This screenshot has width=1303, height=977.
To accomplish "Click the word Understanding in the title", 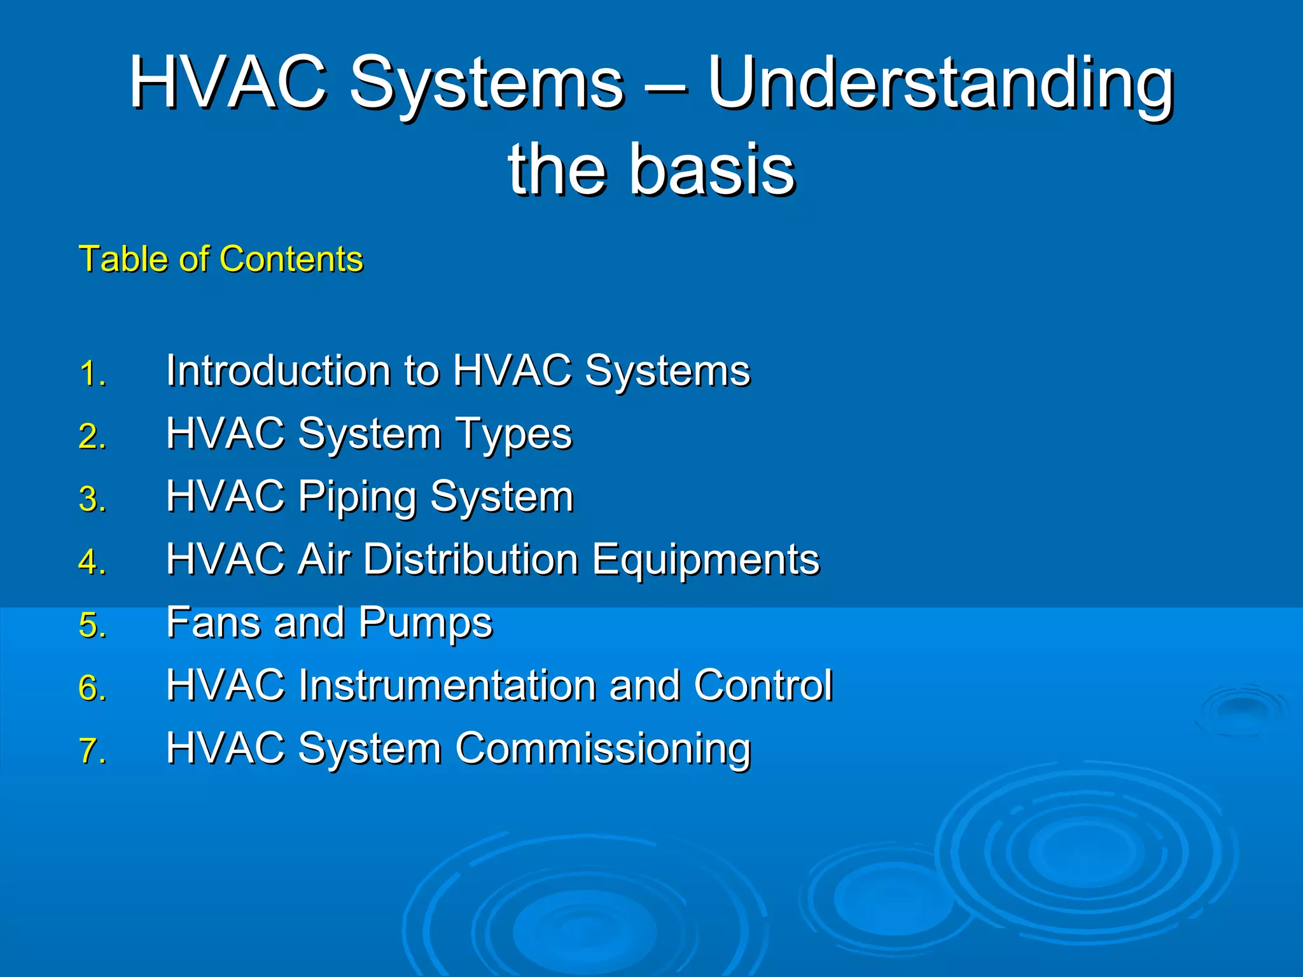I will coord(940,84).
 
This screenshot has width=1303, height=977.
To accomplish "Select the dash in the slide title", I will coord(665,87).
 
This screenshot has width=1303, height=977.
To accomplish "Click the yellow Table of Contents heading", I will coord(221,260).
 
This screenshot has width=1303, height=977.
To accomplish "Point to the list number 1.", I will coord(92,373).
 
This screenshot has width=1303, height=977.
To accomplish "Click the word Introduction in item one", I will coord(278,370).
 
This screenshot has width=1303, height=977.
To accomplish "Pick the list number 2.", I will coord(92,437).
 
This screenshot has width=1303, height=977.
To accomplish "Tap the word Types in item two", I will coord(513,435).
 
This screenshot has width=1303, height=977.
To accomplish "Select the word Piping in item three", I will coord(357,497).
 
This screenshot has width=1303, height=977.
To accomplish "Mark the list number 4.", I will coord(92,562).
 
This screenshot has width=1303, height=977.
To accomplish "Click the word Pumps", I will coord(425,623).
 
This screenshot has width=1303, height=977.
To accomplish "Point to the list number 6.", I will coord(92,688).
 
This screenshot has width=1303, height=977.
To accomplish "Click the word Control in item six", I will coord(763,685).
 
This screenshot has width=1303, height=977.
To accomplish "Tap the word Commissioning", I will coord(603,749).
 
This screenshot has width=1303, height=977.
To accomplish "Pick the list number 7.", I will coord(92,751).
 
